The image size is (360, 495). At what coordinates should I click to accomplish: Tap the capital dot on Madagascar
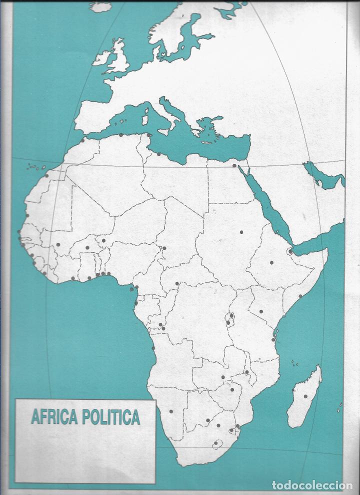(305, 396)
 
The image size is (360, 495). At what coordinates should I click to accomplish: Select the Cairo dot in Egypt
(234, 166)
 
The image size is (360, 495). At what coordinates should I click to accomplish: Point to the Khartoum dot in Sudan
(241, 232)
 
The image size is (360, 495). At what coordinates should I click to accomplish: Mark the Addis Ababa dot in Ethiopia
(272, 262)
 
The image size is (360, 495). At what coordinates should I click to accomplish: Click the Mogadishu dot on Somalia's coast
(300, 296)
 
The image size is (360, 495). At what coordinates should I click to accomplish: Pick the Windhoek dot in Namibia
(171, 411)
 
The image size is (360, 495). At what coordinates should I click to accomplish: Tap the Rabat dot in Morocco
(82, 140)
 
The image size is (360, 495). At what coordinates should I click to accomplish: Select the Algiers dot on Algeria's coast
(121, 134)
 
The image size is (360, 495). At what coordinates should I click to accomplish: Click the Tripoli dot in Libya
(159, 154)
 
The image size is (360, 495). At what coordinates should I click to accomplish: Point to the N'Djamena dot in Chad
(164, 248)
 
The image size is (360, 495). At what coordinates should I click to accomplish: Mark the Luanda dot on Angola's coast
(153, 348)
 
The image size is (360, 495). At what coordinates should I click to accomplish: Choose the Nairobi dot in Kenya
(261, 311)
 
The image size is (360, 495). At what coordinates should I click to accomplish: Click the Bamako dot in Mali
(58, 244)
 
